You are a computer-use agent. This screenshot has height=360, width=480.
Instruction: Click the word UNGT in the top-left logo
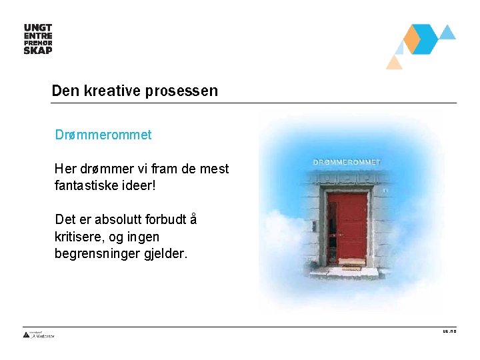tap(38, 27)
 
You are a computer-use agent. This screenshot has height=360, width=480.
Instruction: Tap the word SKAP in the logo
tap(38, 49)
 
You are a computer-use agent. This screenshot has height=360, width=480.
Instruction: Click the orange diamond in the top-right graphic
tap(413, 39)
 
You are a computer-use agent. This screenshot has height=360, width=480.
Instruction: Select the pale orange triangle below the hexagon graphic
tap(395, 63)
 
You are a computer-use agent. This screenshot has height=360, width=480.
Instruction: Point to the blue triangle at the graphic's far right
tap(447, 32)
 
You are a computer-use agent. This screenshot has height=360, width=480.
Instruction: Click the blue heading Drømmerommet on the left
tap(103, 135)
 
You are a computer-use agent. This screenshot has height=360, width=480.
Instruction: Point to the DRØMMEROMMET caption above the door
tap(347, 162)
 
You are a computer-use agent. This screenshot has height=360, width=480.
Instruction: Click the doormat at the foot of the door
tap(351, 262)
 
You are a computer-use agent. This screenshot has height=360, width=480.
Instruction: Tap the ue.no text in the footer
tap(449, 331)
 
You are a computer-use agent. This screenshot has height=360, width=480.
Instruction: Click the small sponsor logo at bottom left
tap(39, 335)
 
